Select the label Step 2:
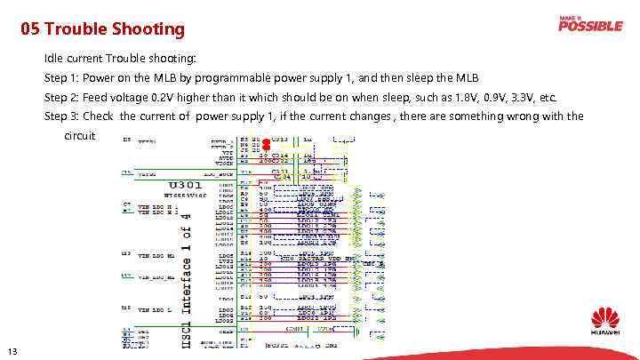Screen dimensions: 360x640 coord(62,97)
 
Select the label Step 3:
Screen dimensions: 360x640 coord(62,116)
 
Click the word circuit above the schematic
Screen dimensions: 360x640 coord(79,136)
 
